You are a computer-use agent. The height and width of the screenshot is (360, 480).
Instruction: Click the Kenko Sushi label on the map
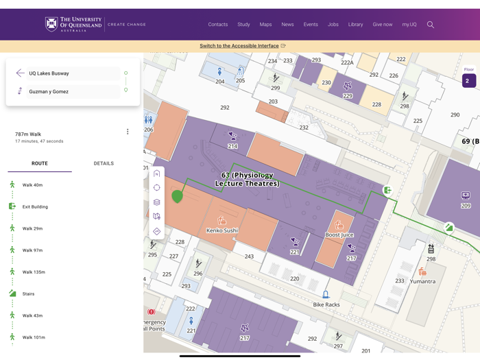coord(221,230)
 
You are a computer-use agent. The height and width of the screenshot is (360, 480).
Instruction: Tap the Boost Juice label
coord(339,235)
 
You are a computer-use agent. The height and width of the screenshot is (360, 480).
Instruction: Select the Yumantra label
coord(422,281)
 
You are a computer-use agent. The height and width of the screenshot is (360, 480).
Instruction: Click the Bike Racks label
coord(326,304)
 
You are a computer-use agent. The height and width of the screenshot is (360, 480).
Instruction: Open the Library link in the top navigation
coord(355,25)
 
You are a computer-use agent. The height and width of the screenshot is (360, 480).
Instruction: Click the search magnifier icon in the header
coord(431,25)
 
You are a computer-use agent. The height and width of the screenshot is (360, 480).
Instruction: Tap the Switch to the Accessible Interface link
coord(239,46)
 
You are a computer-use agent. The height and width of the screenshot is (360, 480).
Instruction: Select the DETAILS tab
coord(104,164)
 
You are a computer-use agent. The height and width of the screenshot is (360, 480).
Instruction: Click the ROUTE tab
coord(40,164)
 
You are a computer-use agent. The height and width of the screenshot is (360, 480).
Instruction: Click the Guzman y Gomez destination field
coord(72,91)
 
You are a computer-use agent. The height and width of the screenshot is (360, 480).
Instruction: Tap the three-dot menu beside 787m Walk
coord(128,132)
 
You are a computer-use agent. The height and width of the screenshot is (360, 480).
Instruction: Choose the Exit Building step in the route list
coord(34,206)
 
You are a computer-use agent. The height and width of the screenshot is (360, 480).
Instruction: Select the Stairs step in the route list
coord(28,293)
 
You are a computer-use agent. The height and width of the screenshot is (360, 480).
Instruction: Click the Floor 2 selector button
coord(469,80)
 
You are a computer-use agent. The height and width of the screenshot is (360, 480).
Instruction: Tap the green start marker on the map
coord(177,196)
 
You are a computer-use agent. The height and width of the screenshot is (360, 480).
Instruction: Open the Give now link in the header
coord(383,25)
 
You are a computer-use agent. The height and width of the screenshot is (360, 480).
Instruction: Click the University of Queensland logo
coord(74,25)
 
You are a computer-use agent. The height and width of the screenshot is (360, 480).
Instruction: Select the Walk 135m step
coord(34,272)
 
